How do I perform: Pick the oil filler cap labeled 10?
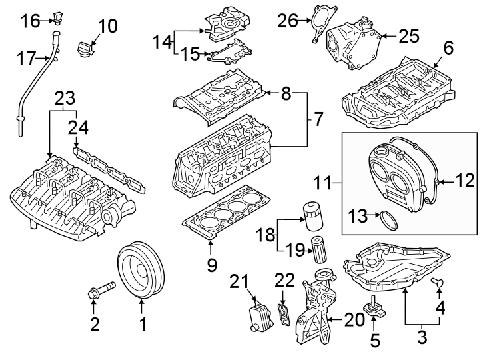(86, 50)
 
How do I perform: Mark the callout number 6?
(448, 48)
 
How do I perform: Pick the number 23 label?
(63, 99)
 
